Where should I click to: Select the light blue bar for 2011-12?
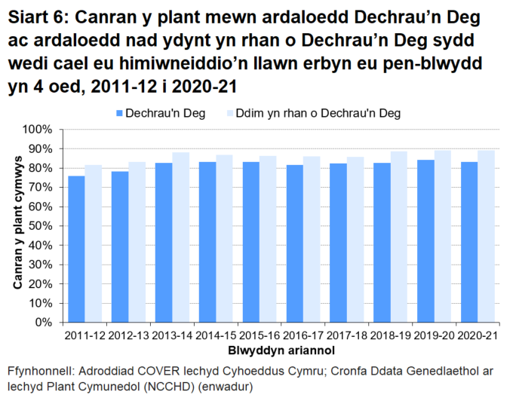[x=93, y=243]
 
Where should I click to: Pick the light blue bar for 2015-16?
[x=267, y=239]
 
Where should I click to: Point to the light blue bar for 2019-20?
[x=443, y=236]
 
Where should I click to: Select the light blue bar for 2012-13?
[x=137, y=242]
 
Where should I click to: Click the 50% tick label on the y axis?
[x=39, y=226]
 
